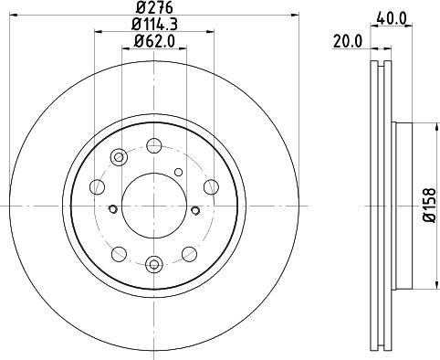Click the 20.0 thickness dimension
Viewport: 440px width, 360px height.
pyautogui.click(x=348, y=40)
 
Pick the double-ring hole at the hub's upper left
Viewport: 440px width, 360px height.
pyautogui.click(x=119, y=157)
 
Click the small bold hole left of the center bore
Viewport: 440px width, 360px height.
pyautogui.click(x=112, y=209)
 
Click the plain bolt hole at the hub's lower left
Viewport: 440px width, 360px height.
pyautogui.click(x=118, y=253)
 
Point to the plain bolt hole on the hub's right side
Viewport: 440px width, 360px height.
pyautogui.click(x=210, y=187)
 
